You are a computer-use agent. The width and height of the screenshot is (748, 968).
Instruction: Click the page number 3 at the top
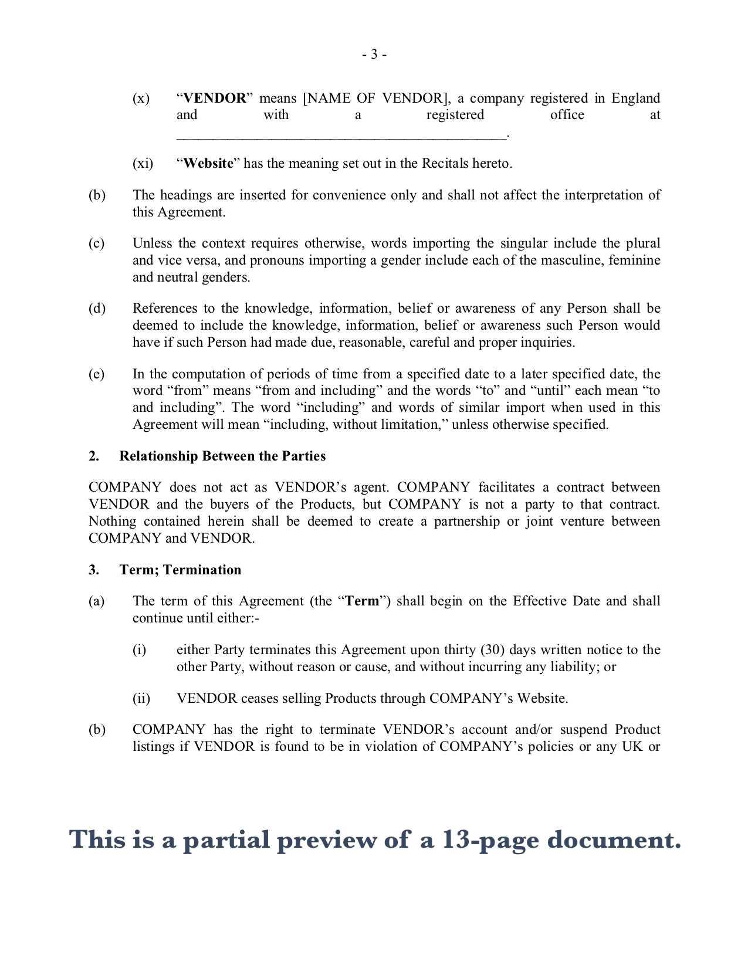374,55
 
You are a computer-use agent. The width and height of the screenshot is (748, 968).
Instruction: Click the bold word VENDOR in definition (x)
215,98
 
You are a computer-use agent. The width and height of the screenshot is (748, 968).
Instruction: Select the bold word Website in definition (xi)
208,163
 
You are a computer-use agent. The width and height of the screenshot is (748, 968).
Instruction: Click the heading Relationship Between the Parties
222,456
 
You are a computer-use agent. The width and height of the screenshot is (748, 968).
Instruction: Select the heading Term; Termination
180,570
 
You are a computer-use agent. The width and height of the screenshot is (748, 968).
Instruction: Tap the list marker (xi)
143,163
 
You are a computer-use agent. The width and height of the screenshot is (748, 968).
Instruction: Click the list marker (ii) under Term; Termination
141,698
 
